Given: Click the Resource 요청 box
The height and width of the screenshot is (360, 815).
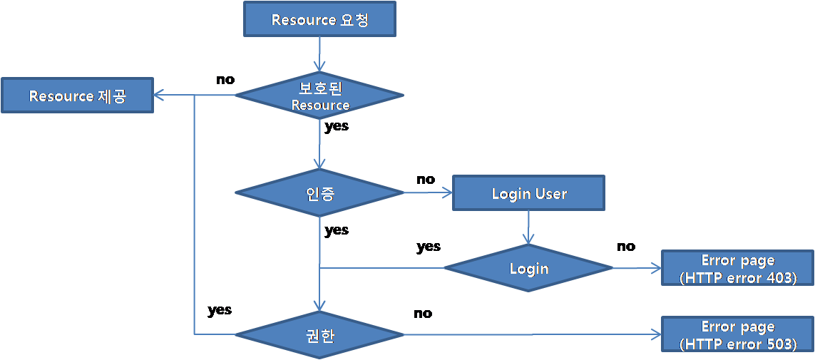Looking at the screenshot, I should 319,19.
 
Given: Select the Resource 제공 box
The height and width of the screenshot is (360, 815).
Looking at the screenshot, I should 77,96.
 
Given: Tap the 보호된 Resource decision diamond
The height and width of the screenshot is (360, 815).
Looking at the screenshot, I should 319,96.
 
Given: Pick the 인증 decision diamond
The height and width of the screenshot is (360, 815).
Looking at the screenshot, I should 319,192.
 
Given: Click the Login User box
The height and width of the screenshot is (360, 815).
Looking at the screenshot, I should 529,193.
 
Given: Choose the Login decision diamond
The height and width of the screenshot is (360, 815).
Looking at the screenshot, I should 528,268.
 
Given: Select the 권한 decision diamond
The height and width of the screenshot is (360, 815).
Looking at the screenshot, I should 319,334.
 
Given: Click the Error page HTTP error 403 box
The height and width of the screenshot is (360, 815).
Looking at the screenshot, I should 737,269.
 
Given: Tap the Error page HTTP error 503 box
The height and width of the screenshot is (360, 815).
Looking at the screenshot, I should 737,335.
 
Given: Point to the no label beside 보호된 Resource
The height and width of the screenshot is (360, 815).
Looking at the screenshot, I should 225,79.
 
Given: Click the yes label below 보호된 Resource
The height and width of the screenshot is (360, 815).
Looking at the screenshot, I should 337,127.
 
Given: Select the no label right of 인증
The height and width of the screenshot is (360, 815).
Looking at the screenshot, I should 426,179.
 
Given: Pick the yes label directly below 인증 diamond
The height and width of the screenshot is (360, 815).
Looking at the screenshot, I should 337,230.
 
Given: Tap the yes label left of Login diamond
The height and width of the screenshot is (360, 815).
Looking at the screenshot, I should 429,247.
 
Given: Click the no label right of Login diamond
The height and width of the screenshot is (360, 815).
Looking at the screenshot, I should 625,246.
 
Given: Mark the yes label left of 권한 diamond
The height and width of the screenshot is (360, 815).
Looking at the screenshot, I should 220,310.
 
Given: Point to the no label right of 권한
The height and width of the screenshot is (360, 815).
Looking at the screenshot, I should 423,313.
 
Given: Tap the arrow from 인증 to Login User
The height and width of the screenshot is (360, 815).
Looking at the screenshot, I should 428,192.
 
